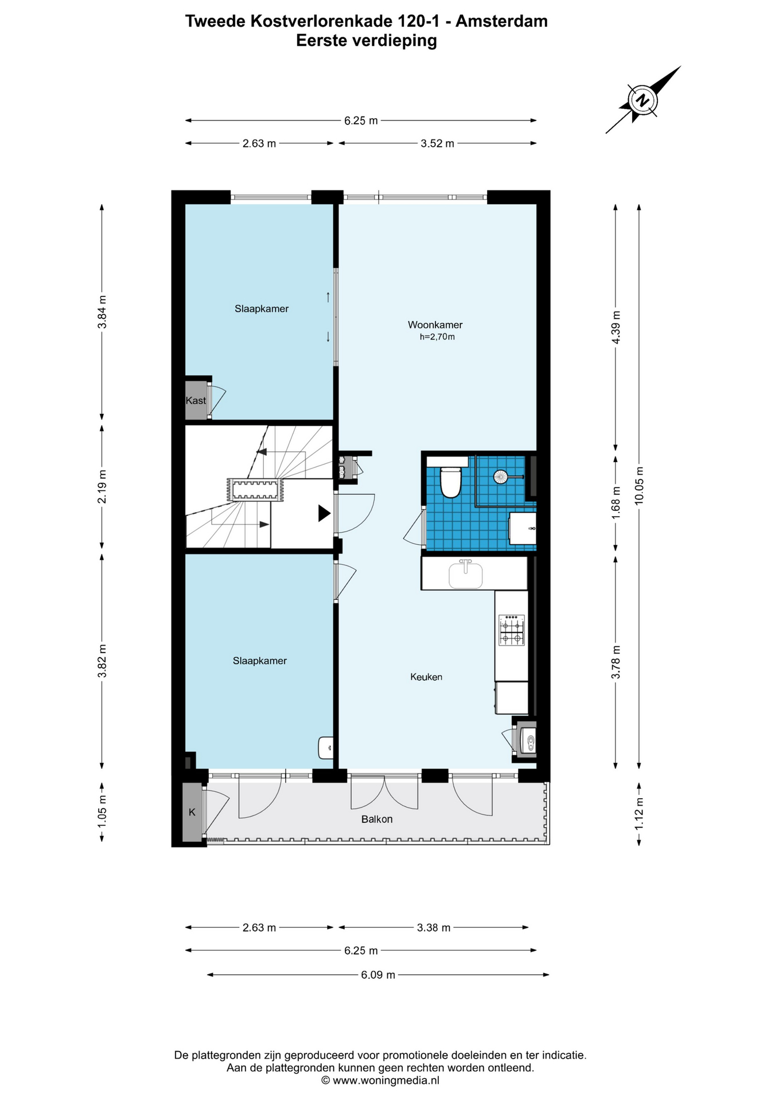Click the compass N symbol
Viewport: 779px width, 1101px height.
[x=644, y=100]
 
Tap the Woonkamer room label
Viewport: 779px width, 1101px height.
[x=435, y=325]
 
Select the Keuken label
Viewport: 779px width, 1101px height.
[x=426, y=677]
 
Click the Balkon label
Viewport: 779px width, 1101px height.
[x=377, y=819]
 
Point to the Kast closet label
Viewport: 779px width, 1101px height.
[x=196, y=400]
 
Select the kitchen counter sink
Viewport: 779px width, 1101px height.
[x=466, y=575]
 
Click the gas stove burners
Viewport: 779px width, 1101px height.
[x=512, y=630]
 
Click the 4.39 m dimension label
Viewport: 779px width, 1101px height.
[x=616, y=327]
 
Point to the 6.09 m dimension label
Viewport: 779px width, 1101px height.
[x=378, y=974]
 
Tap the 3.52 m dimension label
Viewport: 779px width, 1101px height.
[x=437, y=143]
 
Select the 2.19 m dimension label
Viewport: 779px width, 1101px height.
[x=102, y=486]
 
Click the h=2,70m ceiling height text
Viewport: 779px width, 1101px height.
[x=437, y=337]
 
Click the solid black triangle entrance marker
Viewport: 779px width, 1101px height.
[x=325, y=513]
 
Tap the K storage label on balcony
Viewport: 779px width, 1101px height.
[x=192, y=812]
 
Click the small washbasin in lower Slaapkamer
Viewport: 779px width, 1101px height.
[x=326, y=747]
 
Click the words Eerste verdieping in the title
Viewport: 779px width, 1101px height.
[x=367, y=41]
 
